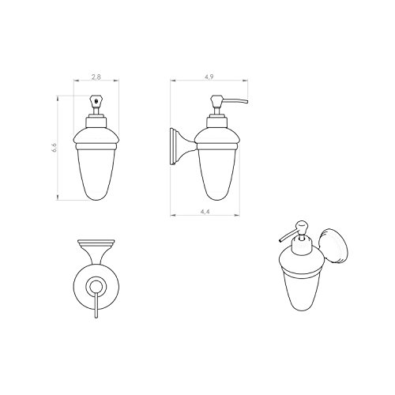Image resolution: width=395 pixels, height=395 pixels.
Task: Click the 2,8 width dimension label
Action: tap(96, 77)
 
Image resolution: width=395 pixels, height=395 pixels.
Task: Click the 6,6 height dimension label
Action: tap(55, 148)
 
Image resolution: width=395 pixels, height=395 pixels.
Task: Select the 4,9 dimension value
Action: tap(209, 77)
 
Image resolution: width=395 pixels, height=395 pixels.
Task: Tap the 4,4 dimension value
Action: tap(205, 211)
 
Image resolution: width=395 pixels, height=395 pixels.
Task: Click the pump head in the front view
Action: tap(96, 100)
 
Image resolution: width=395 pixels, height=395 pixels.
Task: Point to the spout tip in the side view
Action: tap(246, 102)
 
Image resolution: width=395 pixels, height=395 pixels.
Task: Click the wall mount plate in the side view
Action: tap(173, 146)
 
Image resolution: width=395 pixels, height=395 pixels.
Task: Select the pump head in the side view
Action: tap(216, 100)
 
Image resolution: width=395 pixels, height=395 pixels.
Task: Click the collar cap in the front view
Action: tap(96, 122)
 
